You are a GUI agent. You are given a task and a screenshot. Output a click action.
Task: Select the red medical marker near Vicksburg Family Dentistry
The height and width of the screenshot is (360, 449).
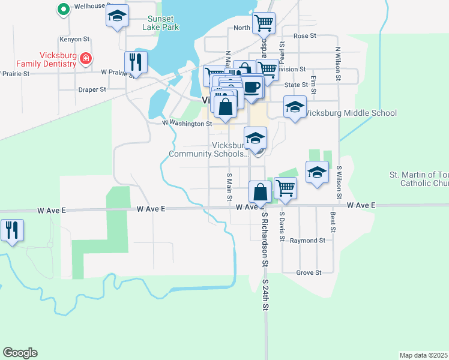tap(86, 59)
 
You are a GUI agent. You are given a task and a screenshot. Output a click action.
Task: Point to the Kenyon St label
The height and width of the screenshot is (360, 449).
tap(74, 39)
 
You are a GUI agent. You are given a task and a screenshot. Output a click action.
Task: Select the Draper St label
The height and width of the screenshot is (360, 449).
tap(92, 89)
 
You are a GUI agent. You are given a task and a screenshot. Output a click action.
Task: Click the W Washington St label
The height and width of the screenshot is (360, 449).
tap(187, 124)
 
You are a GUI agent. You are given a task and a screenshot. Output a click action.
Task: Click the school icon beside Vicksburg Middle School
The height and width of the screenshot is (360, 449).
tap(294, 107)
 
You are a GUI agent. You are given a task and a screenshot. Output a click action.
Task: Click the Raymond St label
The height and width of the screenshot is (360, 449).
tap(307, 241)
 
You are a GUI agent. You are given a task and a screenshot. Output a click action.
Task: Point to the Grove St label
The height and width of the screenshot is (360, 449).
tap(309, 272)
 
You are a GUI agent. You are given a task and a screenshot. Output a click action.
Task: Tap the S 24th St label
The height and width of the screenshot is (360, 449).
tap(265, 295)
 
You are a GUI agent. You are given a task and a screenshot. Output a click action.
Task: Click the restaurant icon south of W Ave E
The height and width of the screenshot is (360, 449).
tap(12, 230)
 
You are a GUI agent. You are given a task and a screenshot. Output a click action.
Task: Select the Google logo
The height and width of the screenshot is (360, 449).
tap(20, 353)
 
